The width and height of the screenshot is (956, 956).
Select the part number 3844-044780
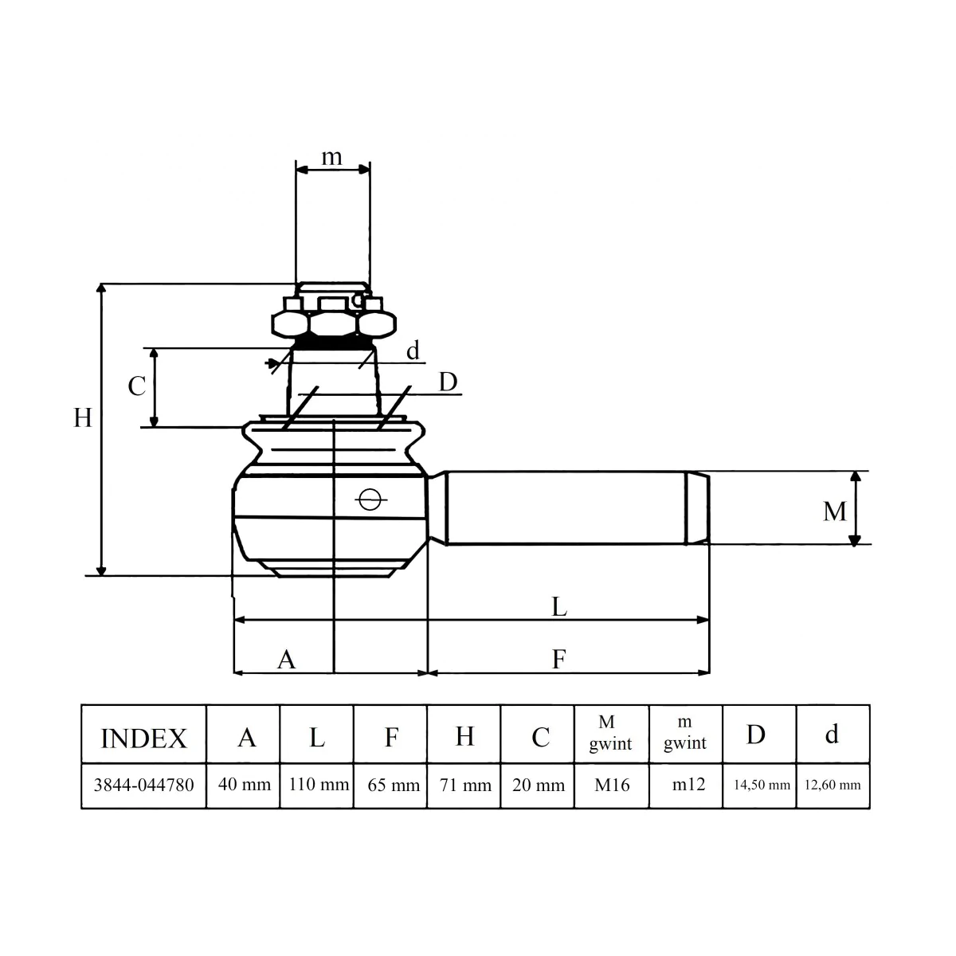144,785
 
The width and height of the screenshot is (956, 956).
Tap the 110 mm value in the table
319,785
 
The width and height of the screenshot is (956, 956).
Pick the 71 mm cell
465,785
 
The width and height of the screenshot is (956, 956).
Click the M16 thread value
612,785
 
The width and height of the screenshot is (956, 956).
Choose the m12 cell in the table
688,785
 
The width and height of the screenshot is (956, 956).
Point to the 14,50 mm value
762,785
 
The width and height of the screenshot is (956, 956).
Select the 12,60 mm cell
833,785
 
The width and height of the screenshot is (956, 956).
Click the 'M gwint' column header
610,733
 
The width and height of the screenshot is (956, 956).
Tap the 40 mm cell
245,785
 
